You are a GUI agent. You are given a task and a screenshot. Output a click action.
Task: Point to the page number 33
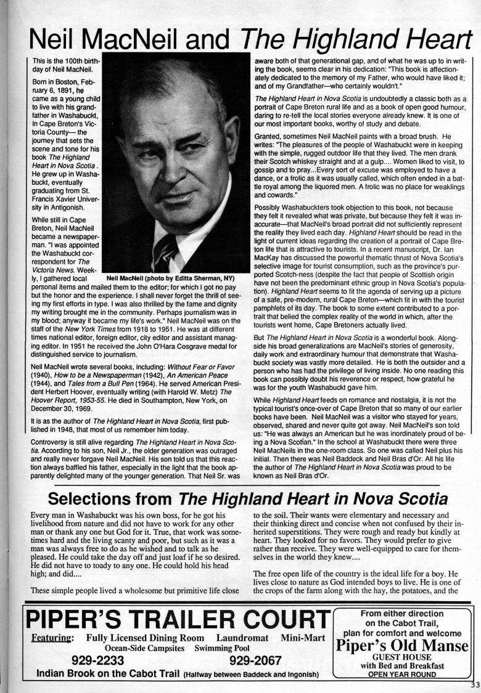(474, 684)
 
